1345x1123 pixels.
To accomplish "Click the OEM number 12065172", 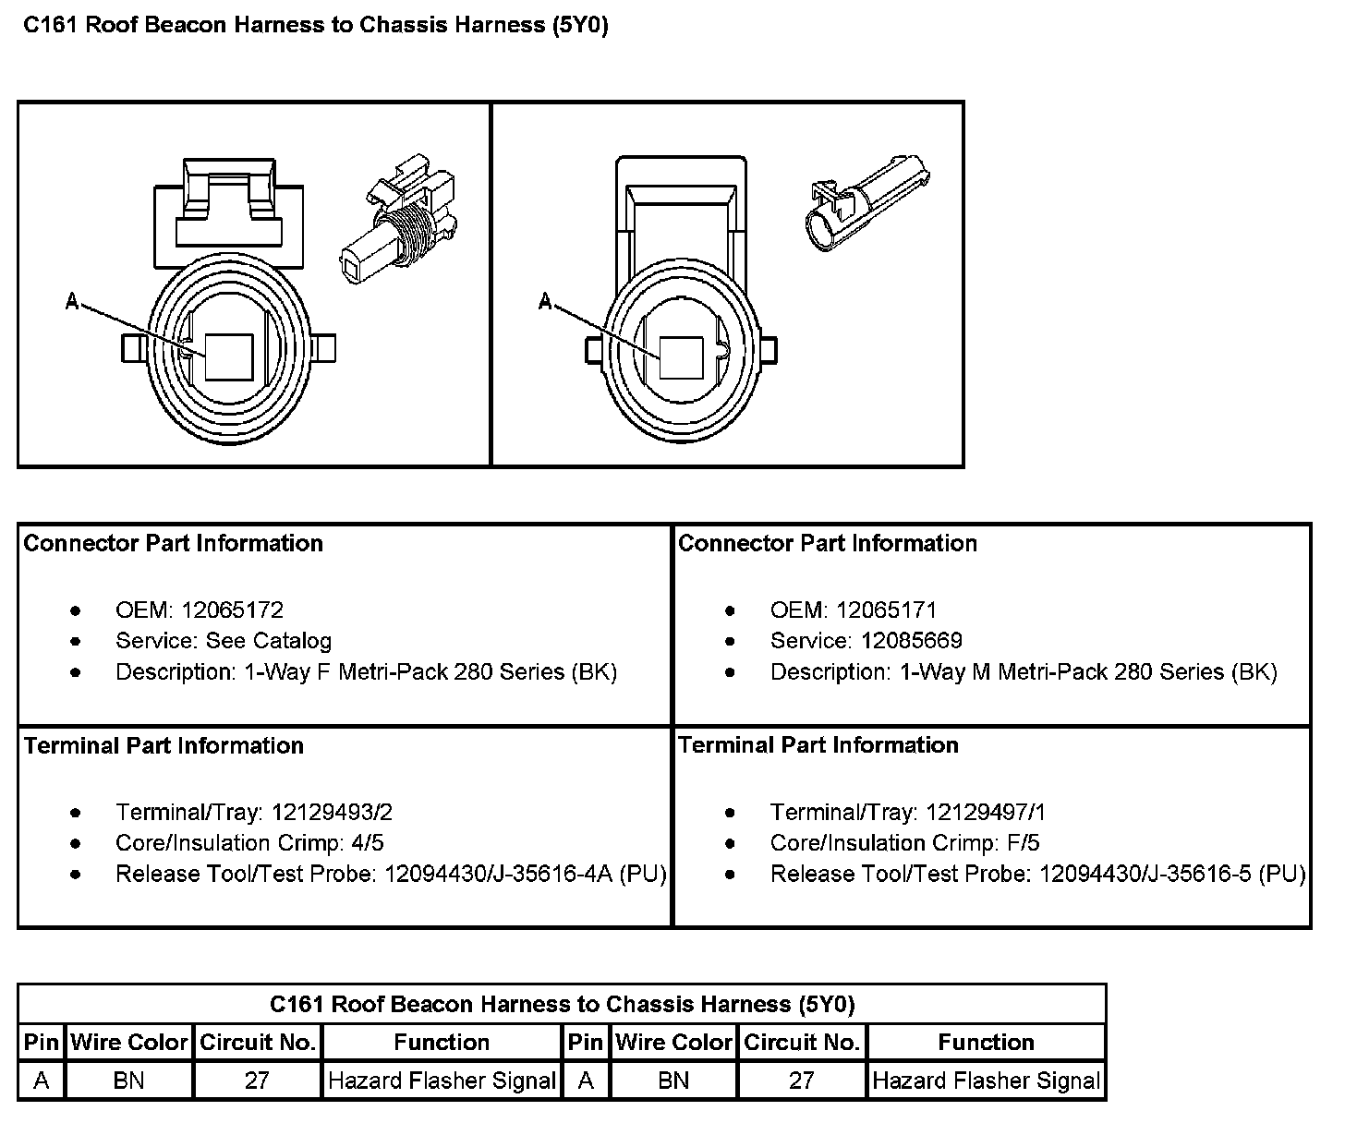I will coord(232,610).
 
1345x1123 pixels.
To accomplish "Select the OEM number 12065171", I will coord(886,610).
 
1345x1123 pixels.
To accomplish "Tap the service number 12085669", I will coord(912,641).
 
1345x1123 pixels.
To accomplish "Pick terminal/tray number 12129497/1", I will coord(986,813).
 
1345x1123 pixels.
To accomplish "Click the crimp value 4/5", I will coord(367,843).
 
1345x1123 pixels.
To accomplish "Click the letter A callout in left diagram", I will coord(72,300).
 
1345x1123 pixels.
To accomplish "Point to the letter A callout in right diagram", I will coord(546,302).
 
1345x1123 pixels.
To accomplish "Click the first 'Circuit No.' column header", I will coord(258,1043).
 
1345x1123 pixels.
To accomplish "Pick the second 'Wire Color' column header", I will coord(673,1043).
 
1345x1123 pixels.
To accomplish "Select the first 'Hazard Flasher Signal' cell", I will coord(442,1081).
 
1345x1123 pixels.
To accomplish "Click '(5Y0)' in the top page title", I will coord(580,25).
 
